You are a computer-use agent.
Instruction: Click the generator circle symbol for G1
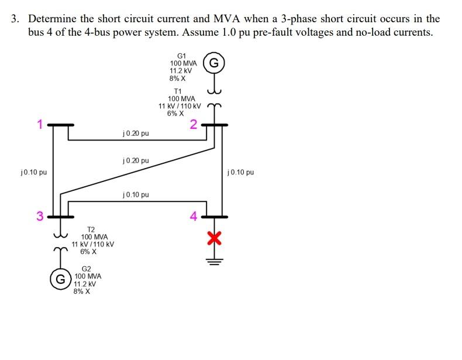pos(214,63)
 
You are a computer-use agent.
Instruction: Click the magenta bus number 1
pos(40,124)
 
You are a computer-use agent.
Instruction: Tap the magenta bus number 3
pos(40,215)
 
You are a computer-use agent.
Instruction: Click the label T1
pos(178,91)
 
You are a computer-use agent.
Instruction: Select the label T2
pos(91,229)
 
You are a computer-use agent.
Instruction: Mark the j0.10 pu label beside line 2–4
pos(241,172)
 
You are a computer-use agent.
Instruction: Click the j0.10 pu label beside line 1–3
pos(33,172)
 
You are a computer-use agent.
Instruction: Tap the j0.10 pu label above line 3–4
pos(136,194)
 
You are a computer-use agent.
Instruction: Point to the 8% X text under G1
pos(178,78)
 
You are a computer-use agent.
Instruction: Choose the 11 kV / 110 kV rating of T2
pos(92,244)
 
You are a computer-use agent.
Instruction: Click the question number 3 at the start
pos(15,19)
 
